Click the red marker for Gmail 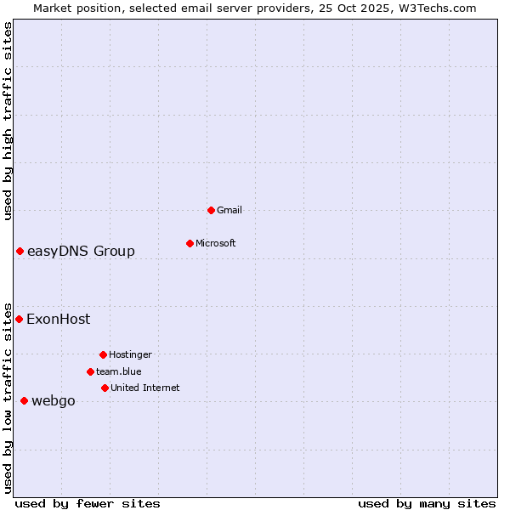[211, 210]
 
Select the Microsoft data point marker [190, 243]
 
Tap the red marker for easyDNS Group [20, 251]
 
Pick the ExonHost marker [19, 319]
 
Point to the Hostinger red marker [103, 354]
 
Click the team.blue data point [90, 371]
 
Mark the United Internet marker [105, 388]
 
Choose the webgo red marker [24, 400]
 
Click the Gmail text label [229, 210]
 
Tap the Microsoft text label [216, 243]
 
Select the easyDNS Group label [81, 251]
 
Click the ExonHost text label [58, 320]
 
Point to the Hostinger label [130, 354]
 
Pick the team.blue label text [119, 371]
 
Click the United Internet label [145, 388]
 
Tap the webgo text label [53, 401]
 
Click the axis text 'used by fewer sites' [88, 503]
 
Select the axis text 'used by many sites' [427, 503]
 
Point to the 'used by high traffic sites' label [8, 121]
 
